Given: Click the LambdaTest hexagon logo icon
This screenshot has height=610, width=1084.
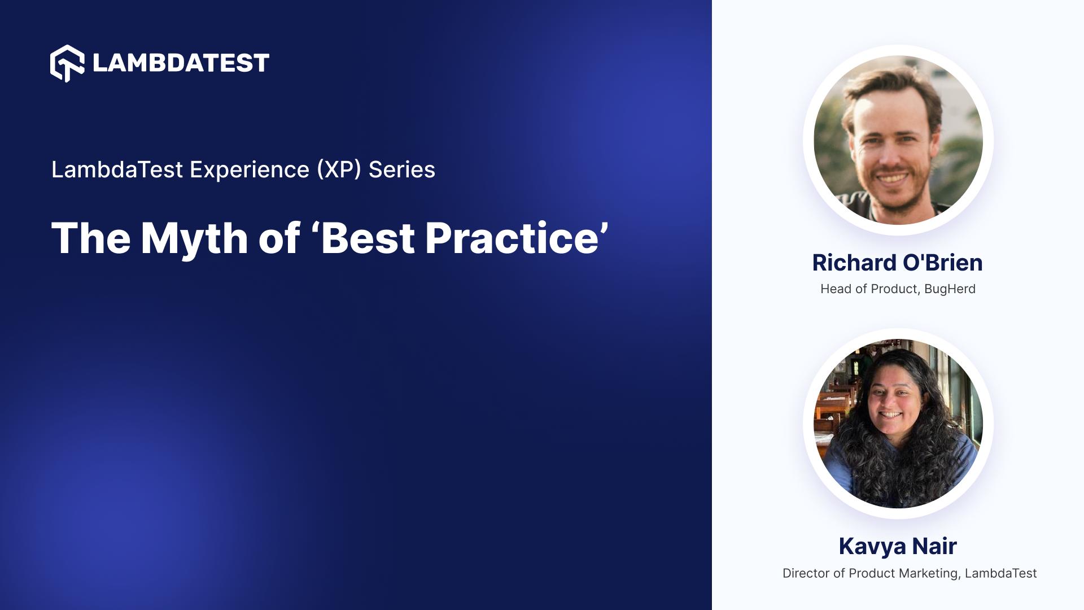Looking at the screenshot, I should click(67, 63).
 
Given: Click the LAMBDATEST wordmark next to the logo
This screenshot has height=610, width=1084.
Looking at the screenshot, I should click(181, 63).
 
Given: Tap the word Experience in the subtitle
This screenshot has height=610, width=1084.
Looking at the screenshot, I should click(249, 169).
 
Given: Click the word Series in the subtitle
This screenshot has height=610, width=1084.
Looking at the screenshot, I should click(401, 169).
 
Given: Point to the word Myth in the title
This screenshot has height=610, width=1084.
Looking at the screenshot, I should click(194, 238).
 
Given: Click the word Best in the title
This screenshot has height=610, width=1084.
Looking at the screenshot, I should click(368, 238).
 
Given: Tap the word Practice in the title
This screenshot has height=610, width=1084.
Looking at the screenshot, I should click(512, 238).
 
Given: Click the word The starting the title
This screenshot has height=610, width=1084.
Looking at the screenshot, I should click(91, 238).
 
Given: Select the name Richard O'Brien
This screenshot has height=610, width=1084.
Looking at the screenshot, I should click(897, 263).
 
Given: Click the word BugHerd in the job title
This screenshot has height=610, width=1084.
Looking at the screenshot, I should click(950, 289).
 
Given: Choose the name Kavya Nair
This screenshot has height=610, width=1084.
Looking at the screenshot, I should click(897, 546).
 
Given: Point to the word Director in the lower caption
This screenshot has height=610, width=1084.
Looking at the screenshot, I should click(806, 573).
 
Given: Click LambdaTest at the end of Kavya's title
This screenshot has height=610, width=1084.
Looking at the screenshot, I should click(1000, 573).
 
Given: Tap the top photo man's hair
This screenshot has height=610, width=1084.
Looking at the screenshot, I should click(892, 85).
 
